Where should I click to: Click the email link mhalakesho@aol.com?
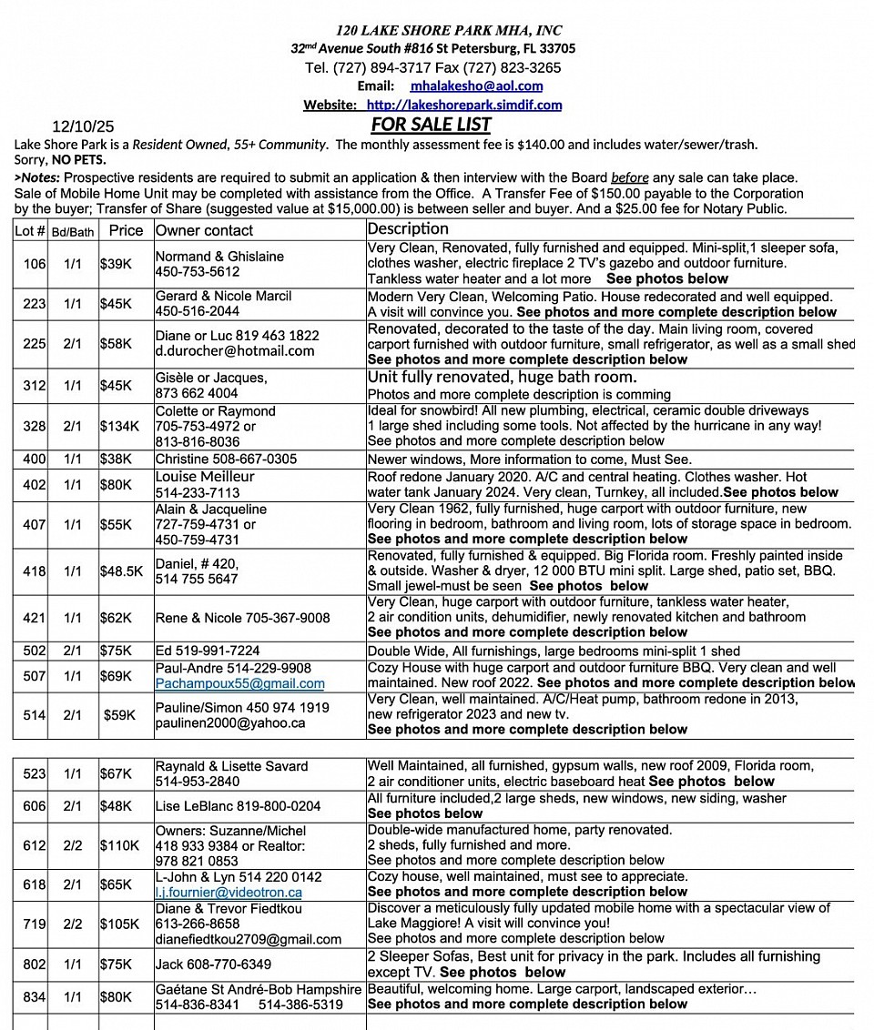(x=476, y=86)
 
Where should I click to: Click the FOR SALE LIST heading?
(x=431, y=125)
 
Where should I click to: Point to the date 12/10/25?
(x=83, y=126)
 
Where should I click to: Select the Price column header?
(x=126, y=230)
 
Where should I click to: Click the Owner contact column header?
(x=204, y=231)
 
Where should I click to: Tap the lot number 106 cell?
(x=35, y=264)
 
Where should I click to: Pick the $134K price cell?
(x=120, y=426)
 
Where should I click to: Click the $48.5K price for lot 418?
(x=122, y=571)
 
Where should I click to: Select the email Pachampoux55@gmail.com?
(x=239, y=683)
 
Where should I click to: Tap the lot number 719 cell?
(x=35, y=924)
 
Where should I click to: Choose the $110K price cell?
(x=120, y=845)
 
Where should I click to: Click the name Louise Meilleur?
(x=205, y=477)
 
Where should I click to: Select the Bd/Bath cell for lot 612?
(x=73, y=845)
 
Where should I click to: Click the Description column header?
(x=408, y=228)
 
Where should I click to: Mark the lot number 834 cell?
(x=35, y=997)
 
